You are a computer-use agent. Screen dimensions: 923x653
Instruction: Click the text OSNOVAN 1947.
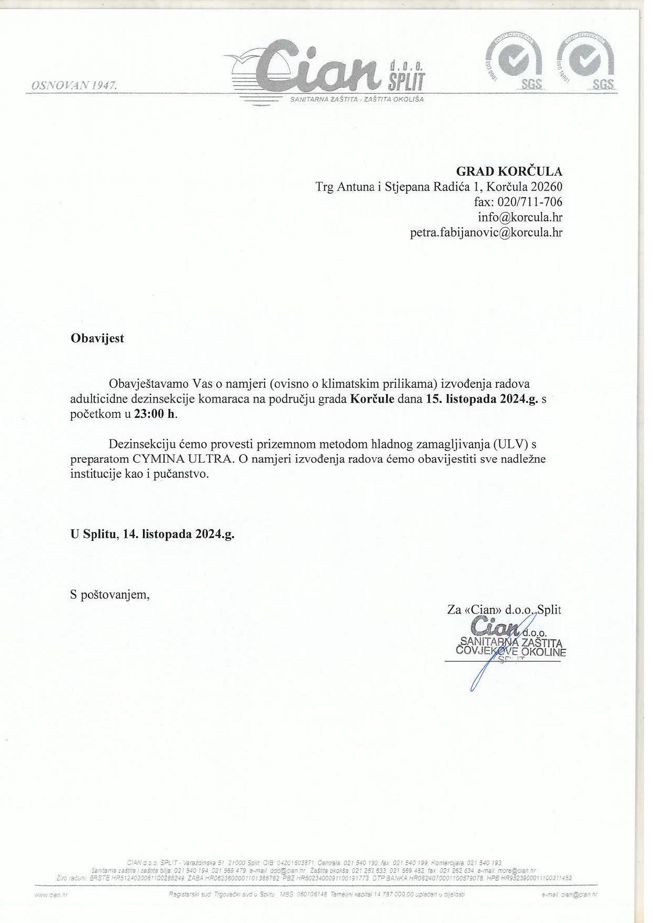[74, 85]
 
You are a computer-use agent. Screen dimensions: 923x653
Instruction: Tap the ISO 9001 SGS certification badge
[515, 62]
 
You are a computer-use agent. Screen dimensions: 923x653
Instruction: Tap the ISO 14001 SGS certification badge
[586, 62]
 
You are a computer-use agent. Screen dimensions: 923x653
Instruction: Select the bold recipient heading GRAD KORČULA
[509, 172]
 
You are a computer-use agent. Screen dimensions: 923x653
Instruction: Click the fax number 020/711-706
[529, 202]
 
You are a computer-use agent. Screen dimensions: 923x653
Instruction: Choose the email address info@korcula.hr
[520, 217]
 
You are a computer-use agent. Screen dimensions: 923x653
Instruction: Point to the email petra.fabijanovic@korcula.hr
[486, 233]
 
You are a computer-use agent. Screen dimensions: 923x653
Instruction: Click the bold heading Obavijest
[97, 338]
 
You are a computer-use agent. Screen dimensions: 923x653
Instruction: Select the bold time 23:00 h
[155, 414]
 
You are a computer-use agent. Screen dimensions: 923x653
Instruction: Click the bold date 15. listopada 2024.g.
[481, 398]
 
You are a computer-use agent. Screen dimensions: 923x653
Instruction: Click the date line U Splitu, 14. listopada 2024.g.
[153, 534]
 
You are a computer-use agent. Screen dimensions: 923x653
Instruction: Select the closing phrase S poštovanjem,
[110, 595]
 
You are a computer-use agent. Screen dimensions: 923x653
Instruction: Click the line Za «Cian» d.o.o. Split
[504, 610]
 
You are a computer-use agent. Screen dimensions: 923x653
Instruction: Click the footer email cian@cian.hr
[579, 895]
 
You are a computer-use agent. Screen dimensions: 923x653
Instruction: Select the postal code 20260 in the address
[547, 187]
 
